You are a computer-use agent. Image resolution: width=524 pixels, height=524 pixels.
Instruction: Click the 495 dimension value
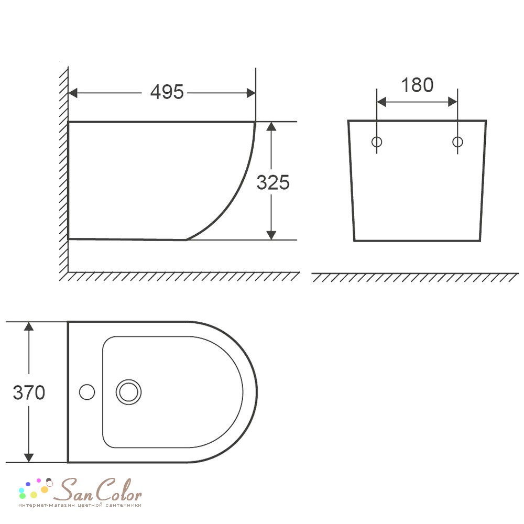point(167,92)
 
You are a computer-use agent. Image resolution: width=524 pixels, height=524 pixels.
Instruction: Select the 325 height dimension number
point(272,182)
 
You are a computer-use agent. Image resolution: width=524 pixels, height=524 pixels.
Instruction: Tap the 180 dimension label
point(417,85)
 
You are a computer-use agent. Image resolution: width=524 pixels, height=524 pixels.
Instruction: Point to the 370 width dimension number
point(29,392)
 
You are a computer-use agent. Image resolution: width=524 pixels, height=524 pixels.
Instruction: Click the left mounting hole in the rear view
point(377,141)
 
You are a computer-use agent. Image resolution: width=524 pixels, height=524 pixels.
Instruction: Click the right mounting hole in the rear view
point(457,141)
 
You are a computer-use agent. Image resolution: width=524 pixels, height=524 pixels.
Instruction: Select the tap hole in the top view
point(87,392)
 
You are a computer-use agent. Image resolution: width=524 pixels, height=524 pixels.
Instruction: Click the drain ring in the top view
point(129,392)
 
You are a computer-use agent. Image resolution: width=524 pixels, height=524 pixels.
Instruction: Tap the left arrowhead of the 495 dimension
point(73,93)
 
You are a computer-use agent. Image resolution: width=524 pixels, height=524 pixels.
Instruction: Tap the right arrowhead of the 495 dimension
point(251,93)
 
